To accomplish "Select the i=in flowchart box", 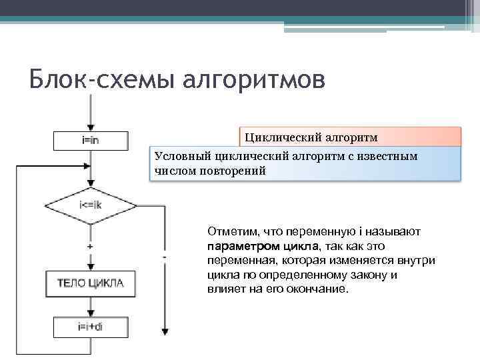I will click(90, 140).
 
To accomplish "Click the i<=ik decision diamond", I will click(90, 205).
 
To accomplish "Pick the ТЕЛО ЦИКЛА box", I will click(90, 283).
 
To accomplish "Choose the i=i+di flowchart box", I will click(90, 327).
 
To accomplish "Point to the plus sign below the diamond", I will click(90, 246).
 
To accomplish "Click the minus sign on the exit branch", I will click(165, 255).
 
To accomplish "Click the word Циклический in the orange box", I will click(283, 137).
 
